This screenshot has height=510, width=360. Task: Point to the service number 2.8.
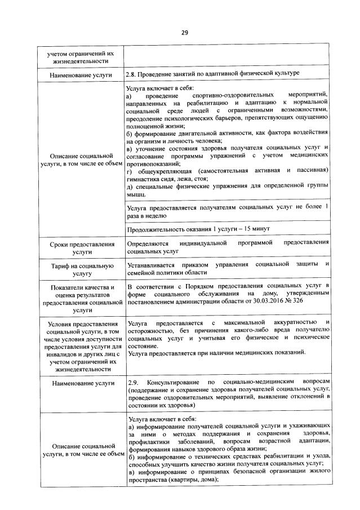click(x=132, y=74)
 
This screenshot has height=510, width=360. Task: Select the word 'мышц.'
click(x=137, y=194)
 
